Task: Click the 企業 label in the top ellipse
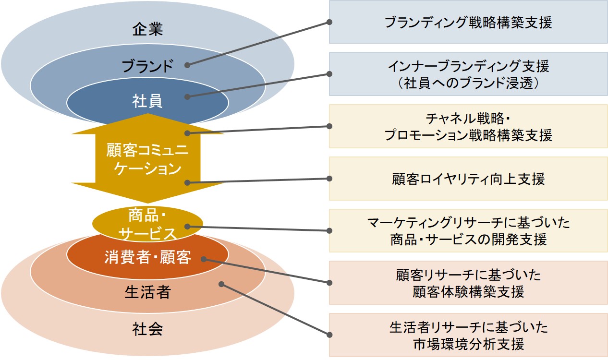147,29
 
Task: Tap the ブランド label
147,66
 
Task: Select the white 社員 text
147,101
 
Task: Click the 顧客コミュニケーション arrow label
147,159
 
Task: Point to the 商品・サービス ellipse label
147,224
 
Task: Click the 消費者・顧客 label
148,257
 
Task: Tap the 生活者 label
147,292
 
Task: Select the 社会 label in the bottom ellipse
147,329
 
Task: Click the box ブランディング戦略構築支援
468,22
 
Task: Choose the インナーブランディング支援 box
468,74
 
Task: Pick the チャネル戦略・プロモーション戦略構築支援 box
468,126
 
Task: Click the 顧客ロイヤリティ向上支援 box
468,179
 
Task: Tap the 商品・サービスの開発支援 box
468,230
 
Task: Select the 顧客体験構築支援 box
468,283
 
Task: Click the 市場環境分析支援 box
468,335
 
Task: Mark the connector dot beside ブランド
187,65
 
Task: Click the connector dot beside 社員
187,97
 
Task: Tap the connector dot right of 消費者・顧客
204,259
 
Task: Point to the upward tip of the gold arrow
147,114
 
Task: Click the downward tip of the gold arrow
147,203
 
